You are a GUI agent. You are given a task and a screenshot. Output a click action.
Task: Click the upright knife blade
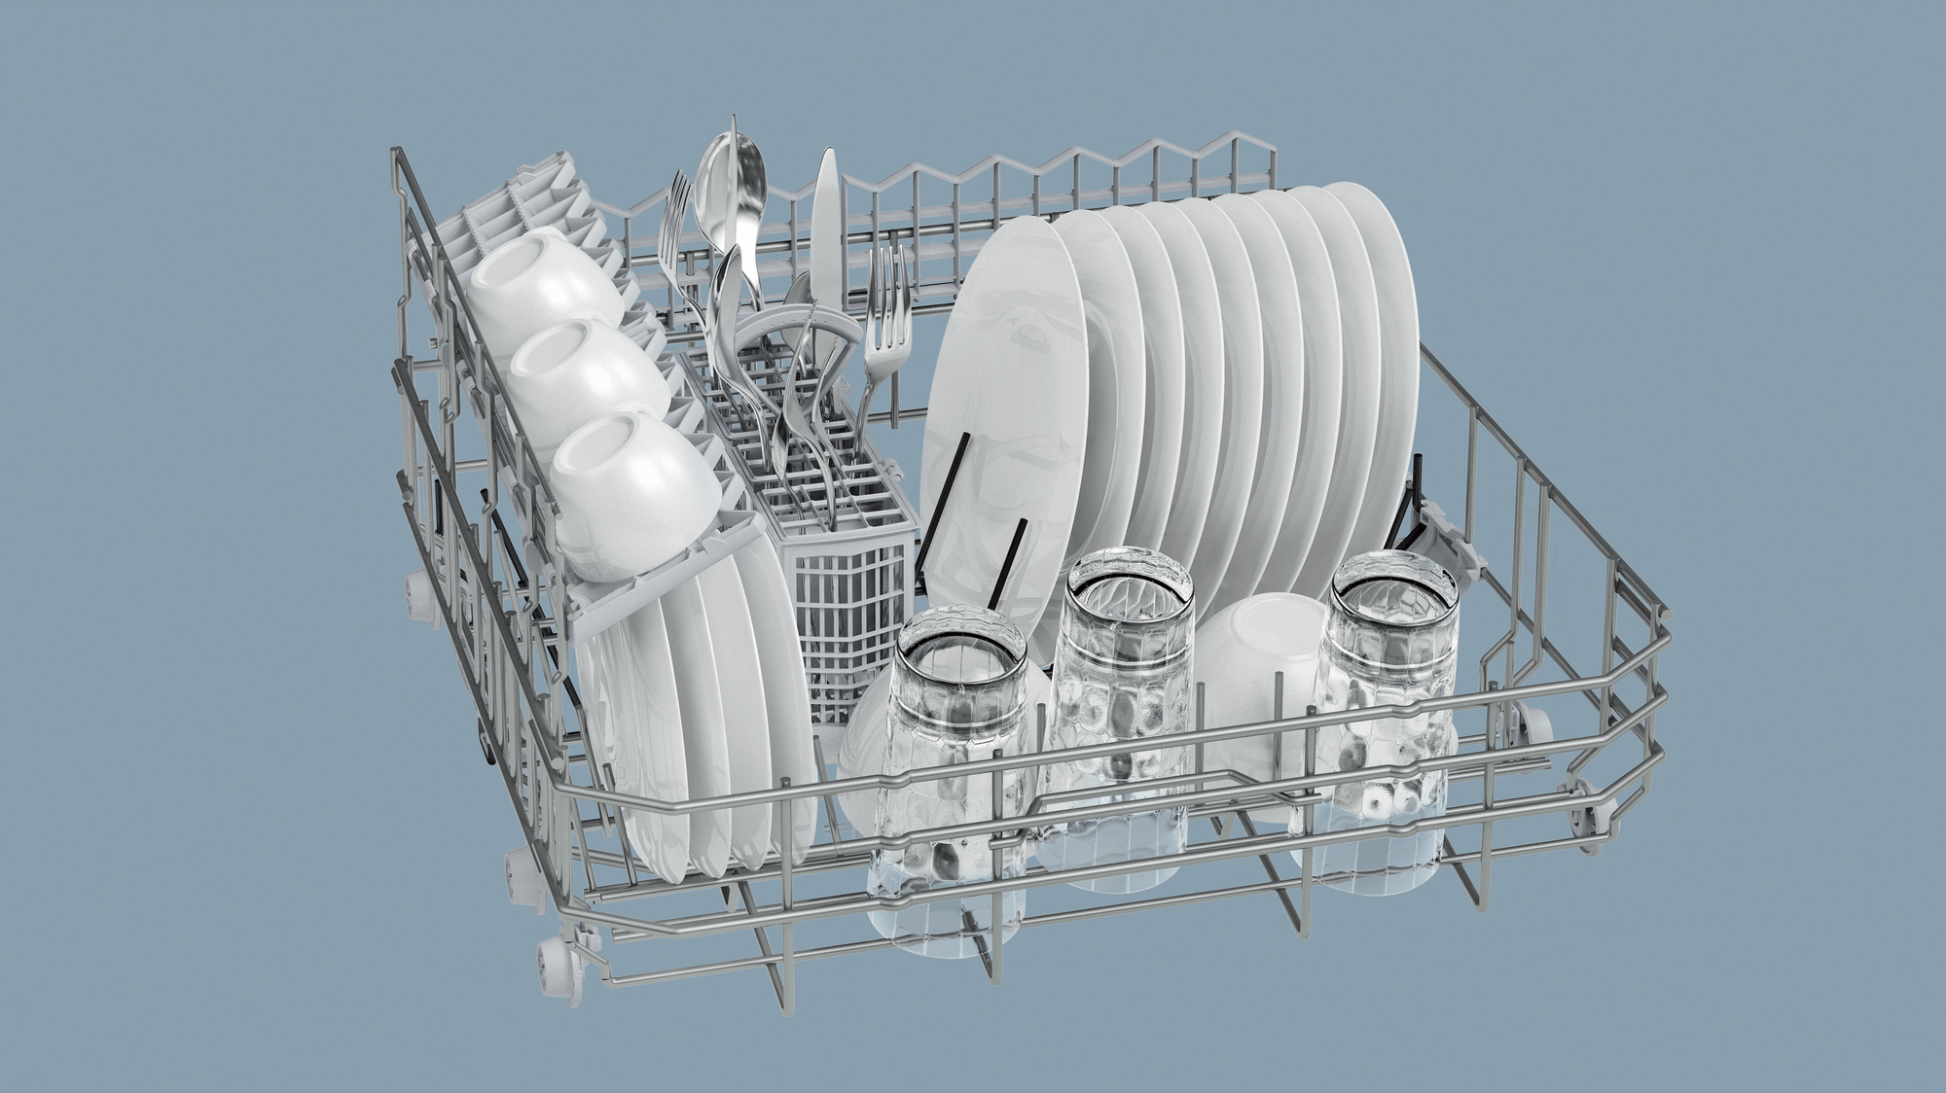click(x=827, y=214)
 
